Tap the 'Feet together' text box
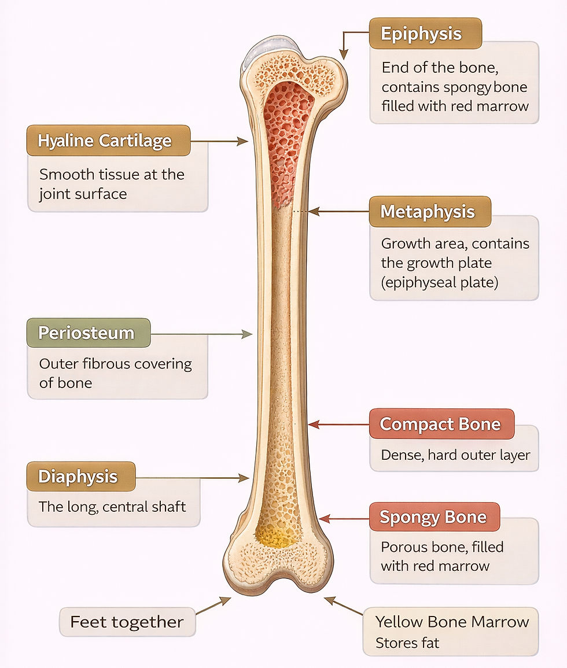click(x=127, y=622)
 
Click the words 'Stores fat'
click(x=407, y=643)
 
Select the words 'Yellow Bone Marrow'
click(x=452, y=622)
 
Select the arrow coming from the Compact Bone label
click(x=338, y=425)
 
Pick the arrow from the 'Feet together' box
click(x=212, y=605)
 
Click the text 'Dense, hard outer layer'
click(x=455, y=455)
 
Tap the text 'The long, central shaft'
click(x=112, y=507)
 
